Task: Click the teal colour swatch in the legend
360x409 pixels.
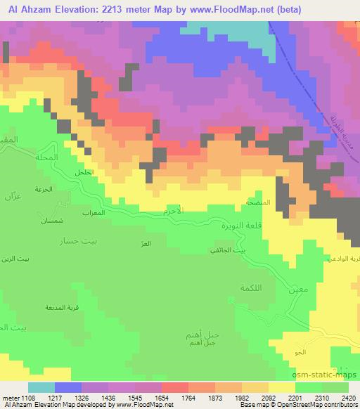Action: click(41, 387)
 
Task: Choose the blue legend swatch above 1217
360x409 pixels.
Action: click(68, 387)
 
